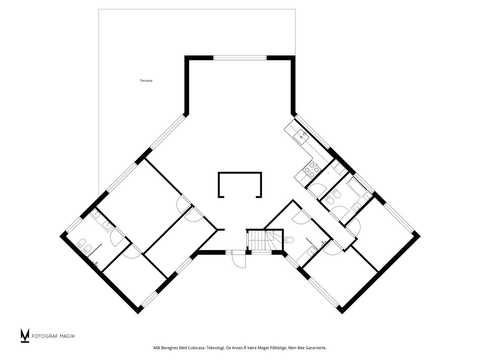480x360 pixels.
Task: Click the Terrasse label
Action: pyautogui.click(x=146, y=81)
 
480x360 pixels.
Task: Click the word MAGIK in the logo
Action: pyautogui.click(x=68, y=336)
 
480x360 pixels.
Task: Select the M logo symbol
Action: pyautogui.click(x=25, y=335)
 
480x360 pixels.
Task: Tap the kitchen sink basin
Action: pyautogui.click(x=301, y=137)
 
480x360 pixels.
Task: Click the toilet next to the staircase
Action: pyautogui.click(x=289, y=240)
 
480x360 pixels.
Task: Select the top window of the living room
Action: pyautogui.click(x=240, y=58)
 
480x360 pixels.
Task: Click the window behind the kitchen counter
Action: pyautogui.click(x=312, y=132)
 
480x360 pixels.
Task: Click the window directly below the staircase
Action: pyautogui.click(x=262, y=252)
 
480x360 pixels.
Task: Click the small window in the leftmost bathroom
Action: pyautogui.click(x=74, y=224)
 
